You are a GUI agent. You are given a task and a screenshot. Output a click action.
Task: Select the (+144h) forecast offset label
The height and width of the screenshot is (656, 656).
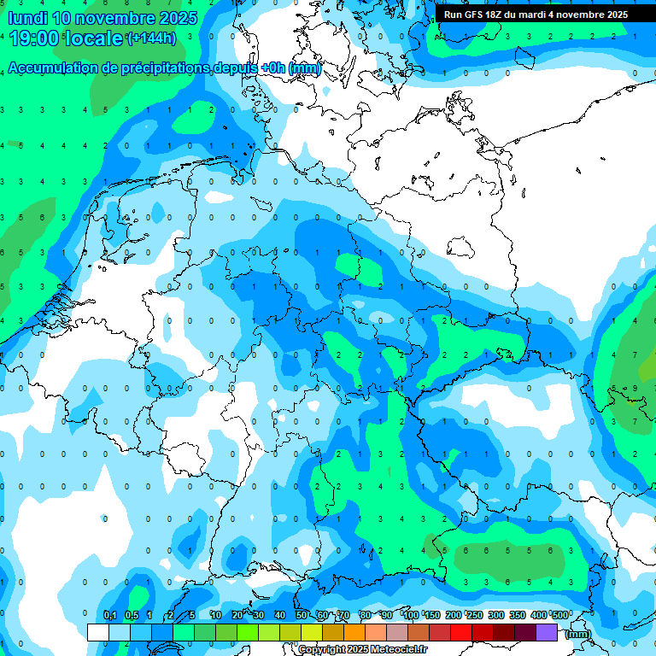(151, 38)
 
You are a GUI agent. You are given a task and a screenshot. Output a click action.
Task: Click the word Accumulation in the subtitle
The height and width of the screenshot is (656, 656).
(53, 68)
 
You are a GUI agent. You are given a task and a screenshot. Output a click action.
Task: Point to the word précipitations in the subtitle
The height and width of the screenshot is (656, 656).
(161, 68)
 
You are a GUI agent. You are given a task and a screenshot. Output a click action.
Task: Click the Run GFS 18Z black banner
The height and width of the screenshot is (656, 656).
(536, 15)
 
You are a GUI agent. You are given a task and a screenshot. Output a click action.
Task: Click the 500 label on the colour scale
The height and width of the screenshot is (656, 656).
(560, 616)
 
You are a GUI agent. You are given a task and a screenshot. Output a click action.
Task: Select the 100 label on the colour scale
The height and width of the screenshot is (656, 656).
(411, 616)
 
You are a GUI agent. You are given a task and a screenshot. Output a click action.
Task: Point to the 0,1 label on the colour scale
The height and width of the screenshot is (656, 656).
(110, 616)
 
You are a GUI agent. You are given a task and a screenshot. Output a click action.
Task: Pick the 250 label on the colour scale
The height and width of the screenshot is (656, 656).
(475, 616)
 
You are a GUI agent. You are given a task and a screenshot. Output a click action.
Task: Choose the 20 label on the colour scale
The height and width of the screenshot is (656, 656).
(237, 616)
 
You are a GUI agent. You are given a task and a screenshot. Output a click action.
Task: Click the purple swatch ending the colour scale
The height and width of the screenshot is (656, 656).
(547, 632)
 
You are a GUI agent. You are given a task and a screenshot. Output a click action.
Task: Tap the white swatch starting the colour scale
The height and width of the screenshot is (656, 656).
(98, 632)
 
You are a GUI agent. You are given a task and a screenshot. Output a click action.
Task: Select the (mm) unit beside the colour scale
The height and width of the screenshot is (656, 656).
(578, 634)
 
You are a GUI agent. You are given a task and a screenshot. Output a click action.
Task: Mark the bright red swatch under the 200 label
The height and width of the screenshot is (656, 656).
(461, 632)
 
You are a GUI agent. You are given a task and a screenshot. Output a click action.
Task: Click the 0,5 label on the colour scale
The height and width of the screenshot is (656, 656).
(132, 616)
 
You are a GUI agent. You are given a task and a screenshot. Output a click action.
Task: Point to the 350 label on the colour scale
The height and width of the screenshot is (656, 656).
(518, 616)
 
